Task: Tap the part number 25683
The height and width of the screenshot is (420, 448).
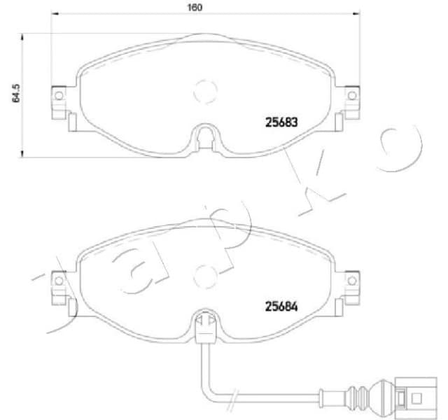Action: (281, 121)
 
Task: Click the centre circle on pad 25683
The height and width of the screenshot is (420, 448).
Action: (205, 90)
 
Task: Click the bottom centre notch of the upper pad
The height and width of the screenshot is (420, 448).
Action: (204, 135)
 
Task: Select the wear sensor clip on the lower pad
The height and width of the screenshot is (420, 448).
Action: (204, 323)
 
